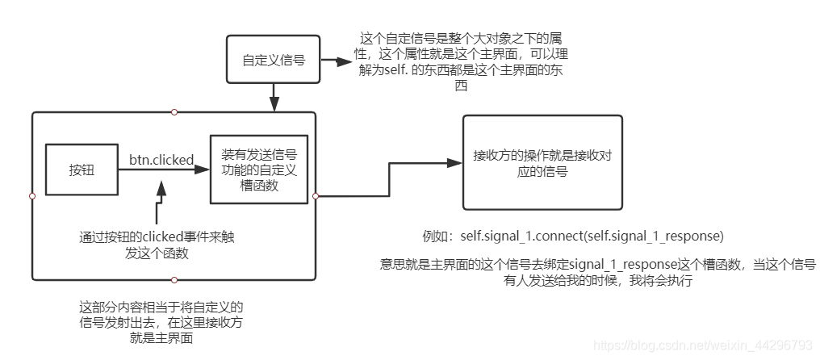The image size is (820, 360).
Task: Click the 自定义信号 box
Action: tap(274, 61)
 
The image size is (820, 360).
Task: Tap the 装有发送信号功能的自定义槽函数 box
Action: tap(258, 169)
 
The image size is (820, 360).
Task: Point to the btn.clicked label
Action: tap(161, 160)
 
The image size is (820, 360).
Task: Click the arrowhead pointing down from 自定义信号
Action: tap(274, 105)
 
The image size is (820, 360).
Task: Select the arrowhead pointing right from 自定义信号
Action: tap(334, 61)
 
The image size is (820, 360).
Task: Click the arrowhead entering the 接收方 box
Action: tap(455, 163)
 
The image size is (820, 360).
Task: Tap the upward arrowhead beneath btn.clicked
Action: tap(161, 187)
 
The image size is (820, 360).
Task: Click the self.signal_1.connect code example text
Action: tap(592, 237)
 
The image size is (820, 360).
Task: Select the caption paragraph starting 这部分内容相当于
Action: tap(161, 323)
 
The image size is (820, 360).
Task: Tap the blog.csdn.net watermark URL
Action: tap(703, 345)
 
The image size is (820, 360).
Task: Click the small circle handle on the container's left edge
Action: tap(31, 196)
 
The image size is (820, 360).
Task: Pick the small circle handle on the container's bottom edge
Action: tap(174, 280)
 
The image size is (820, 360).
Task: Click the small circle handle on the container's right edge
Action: tap(316, 196)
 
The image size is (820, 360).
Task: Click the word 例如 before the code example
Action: tap(433, 237)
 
